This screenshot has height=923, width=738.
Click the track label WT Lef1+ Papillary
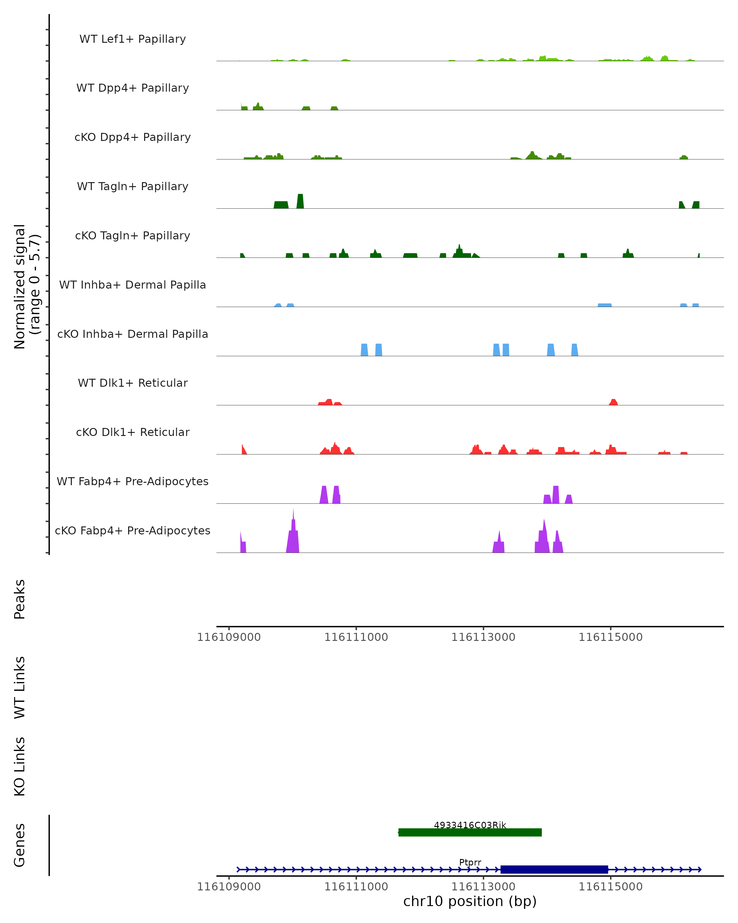click(x=133, y=39)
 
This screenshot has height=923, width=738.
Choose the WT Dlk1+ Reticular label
click(x=133, y=383)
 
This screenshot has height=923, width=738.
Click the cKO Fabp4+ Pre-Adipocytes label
click(x=133, y=530)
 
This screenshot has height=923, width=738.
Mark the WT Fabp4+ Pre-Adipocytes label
click(x=133, y=481)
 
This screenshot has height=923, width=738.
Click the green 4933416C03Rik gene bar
click(x=470, y=832)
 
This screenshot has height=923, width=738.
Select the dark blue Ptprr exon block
click(x=554, y=869)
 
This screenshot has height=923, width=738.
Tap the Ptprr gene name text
click(x=470, y=862)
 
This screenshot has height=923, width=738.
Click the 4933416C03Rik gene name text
click(x=470, y=825)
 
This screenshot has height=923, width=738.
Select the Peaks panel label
click(x=20, y=599)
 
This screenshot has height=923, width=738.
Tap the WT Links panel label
click(x=20, y=687)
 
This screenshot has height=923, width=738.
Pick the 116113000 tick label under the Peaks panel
click(x=483, y=637)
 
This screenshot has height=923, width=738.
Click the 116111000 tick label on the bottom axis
click(x=356, y=887)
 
